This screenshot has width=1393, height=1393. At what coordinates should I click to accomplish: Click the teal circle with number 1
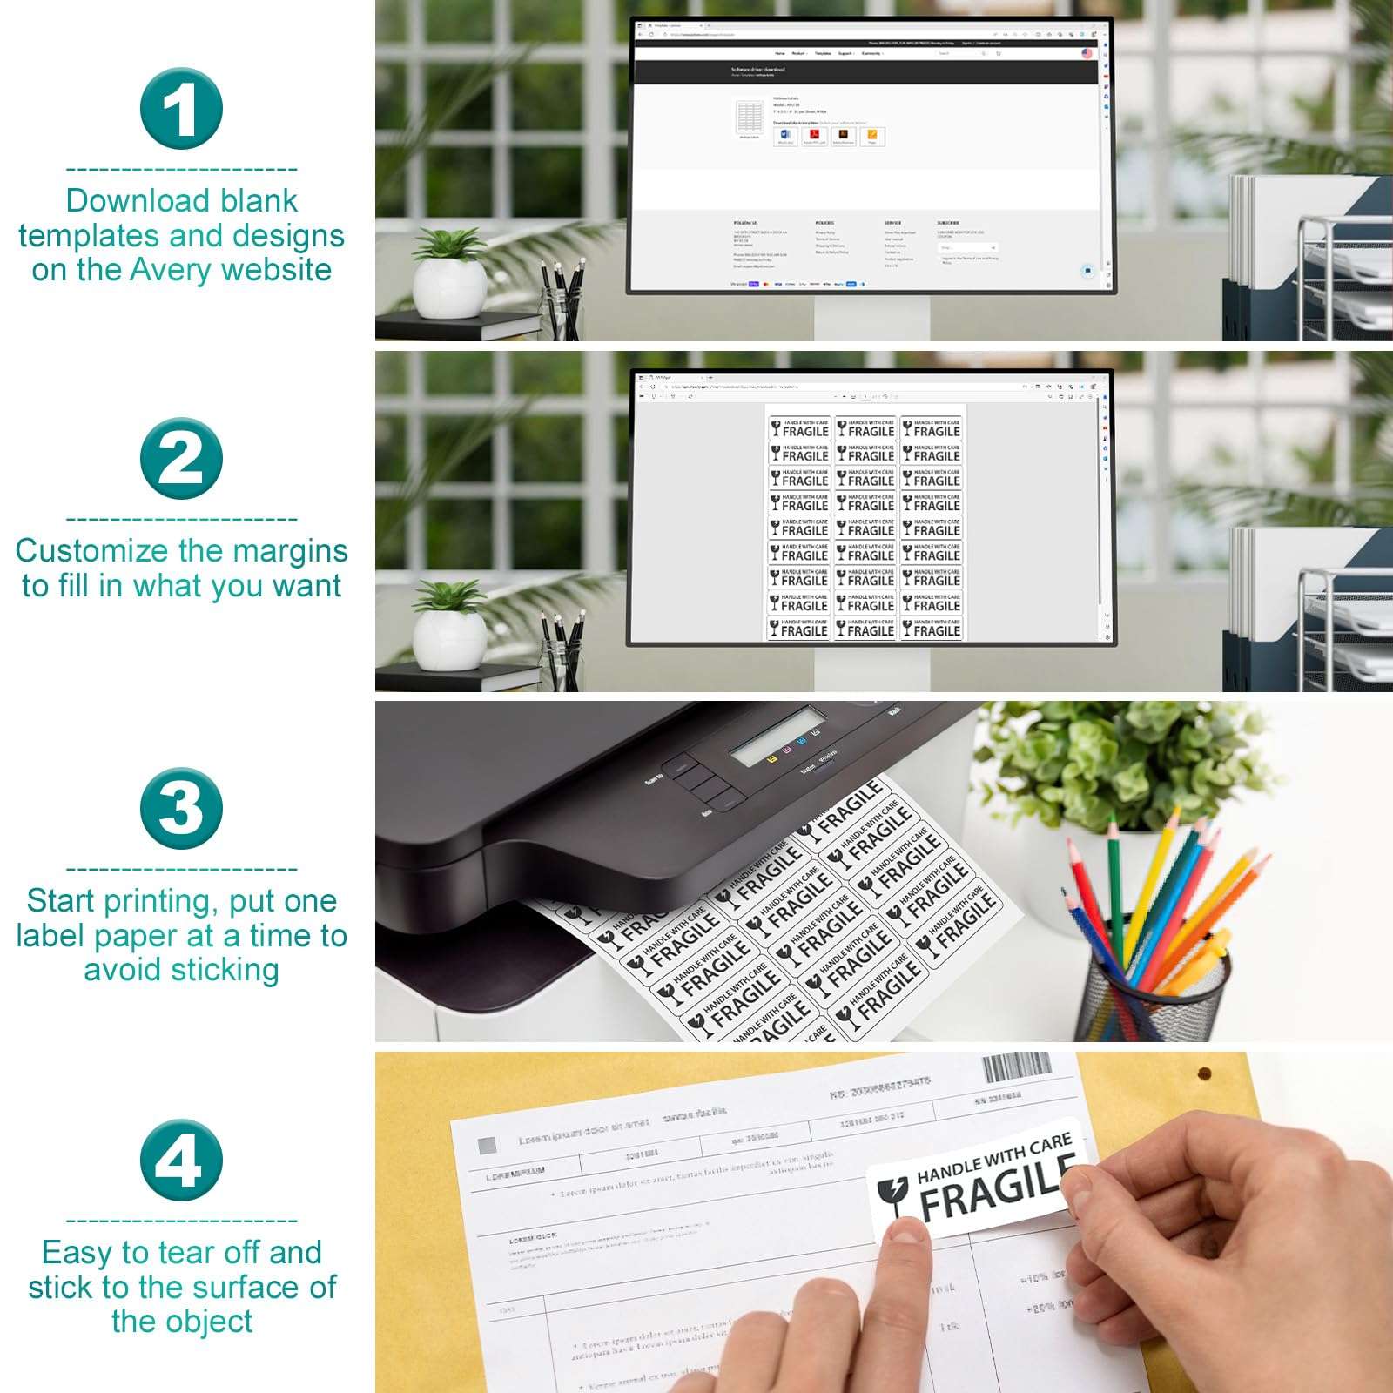click(181, 109)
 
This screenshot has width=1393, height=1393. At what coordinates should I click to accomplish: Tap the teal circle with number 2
click(181, 459)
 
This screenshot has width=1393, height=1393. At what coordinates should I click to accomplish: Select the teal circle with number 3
click(181, 808)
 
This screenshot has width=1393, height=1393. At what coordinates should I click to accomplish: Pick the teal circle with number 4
click(181, 1160)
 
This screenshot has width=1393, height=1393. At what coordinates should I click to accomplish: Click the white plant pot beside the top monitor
click(449, 289)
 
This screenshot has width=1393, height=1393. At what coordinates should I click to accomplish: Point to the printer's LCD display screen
click(777, 737)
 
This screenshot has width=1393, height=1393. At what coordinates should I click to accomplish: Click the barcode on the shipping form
click(1017, 1067)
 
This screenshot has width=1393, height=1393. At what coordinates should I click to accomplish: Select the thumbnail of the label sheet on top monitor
click(750, 118)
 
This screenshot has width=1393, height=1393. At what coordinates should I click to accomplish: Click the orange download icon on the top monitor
click(871, 136)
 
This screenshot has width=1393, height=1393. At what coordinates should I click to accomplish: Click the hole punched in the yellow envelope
click(1204, 1073)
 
